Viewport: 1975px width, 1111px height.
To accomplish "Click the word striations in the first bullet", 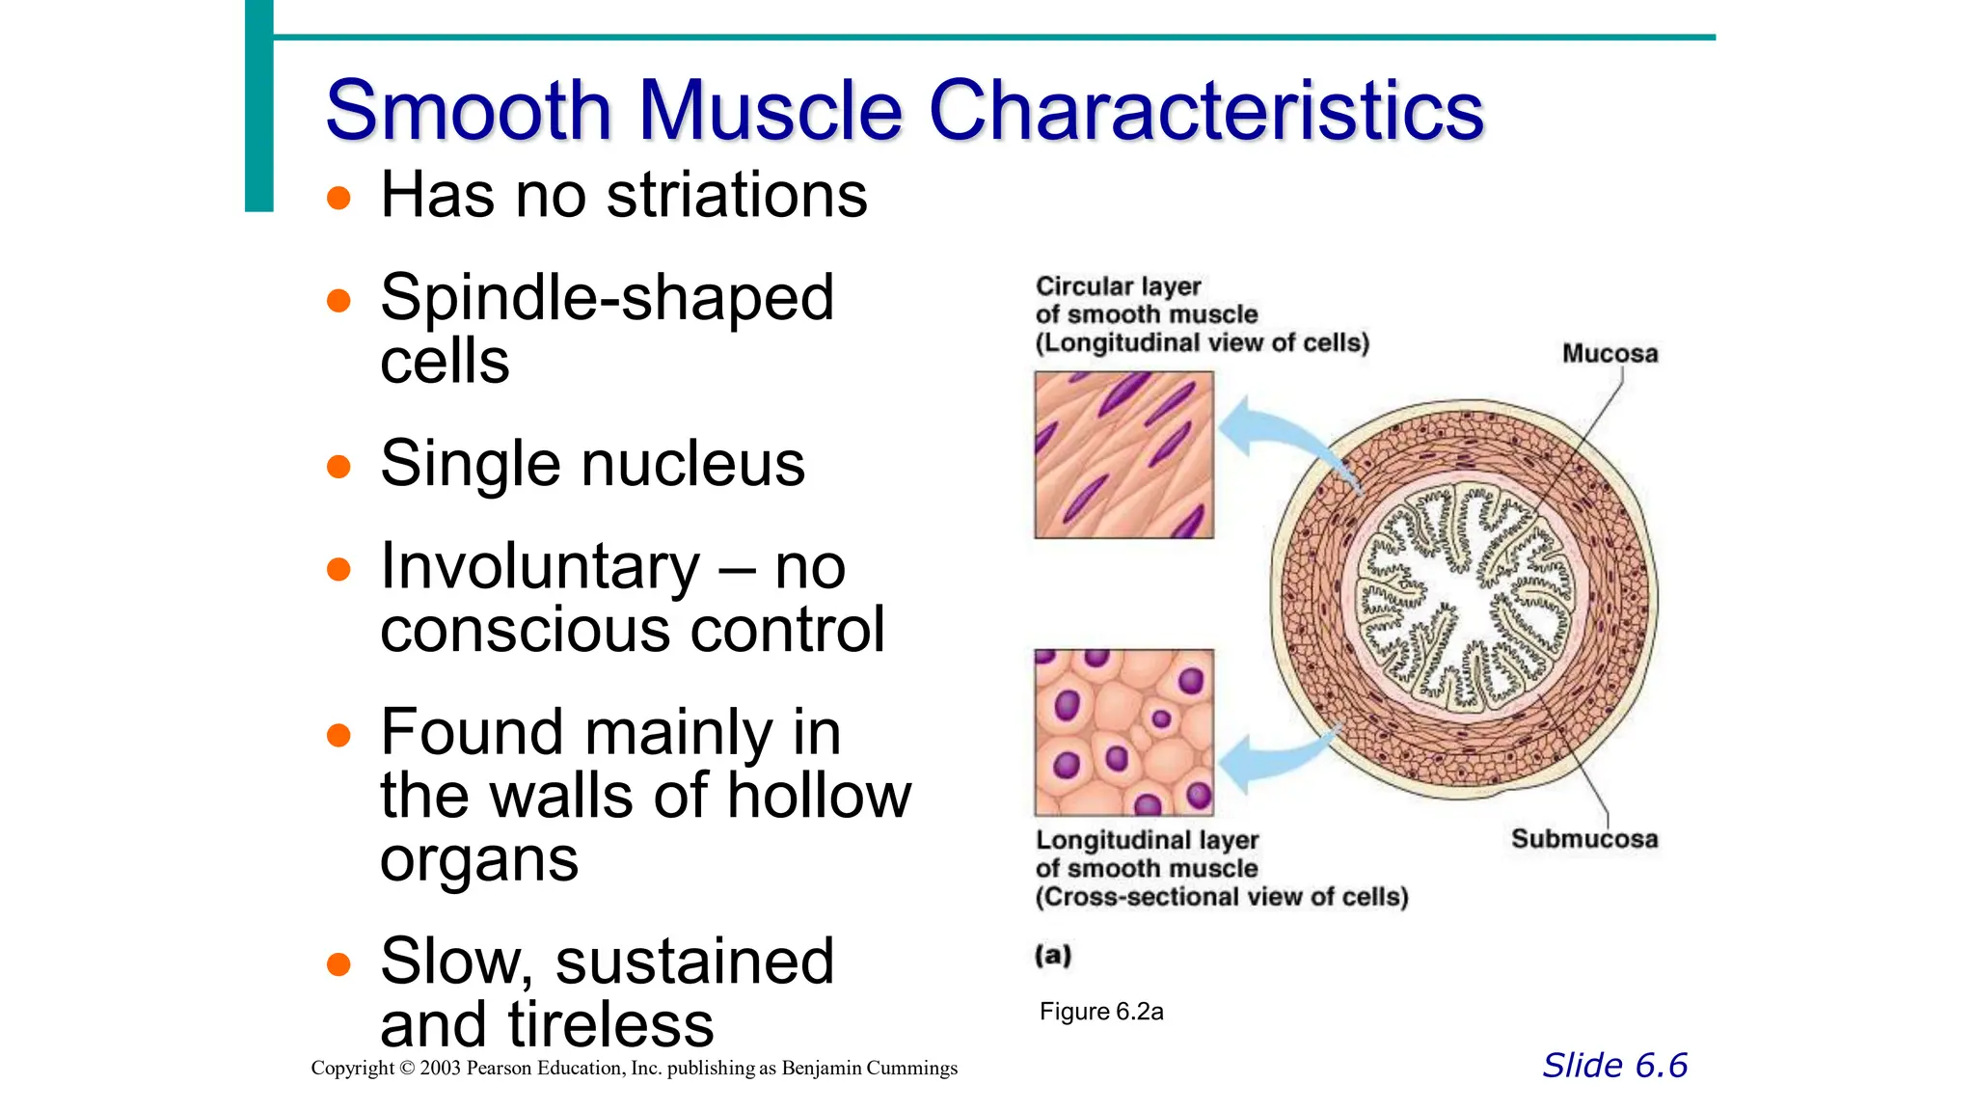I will tap(737, 196).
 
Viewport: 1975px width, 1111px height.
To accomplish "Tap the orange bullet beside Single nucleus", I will tap(338, 468).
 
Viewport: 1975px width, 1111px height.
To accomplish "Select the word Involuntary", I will tap(540, 567).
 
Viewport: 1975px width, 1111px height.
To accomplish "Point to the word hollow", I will tap(819, 797).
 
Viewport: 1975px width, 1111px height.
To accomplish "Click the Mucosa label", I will tap(1610, 354).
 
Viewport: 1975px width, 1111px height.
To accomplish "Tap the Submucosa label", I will tap(1584, 839).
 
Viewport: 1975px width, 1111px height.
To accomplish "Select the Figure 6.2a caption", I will tap(1101, 1012).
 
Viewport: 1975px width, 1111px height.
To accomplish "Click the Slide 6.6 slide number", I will tap(1614, 1066).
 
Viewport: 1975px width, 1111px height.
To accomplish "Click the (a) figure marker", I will tap(1053, 956).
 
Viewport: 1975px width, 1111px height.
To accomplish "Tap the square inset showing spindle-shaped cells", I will tap(1123, 455).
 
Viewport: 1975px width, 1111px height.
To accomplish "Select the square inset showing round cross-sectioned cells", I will tap(1123, 733).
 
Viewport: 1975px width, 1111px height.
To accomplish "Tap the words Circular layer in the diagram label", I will tap(1118, 286).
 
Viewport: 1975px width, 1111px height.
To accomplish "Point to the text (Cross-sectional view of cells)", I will tap(1222, 897).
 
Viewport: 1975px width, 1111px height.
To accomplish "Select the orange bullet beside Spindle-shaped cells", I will tap(338, 301).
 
